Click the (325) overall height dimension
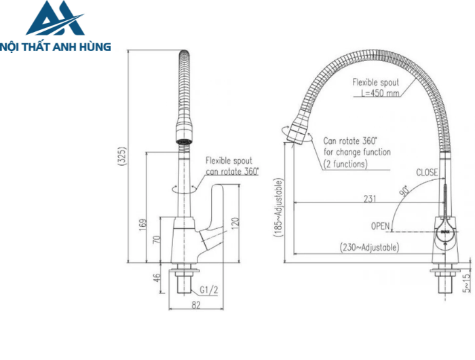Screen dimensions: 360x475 [x=123, y=157]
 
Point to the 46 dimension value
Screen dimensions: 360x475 [x=157, y=278]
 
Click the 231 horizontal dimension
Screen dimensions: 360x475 [x=370, y=198]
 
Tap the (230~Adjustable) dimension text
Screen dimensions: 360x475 [x=369, y=248]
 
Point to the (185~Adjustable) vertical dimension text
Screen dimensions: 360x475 [x=278, y=207]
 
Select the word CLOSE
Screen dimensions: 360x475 [x=427, y=173]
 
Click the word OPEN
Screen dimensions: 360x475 [x=381, y=225]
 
